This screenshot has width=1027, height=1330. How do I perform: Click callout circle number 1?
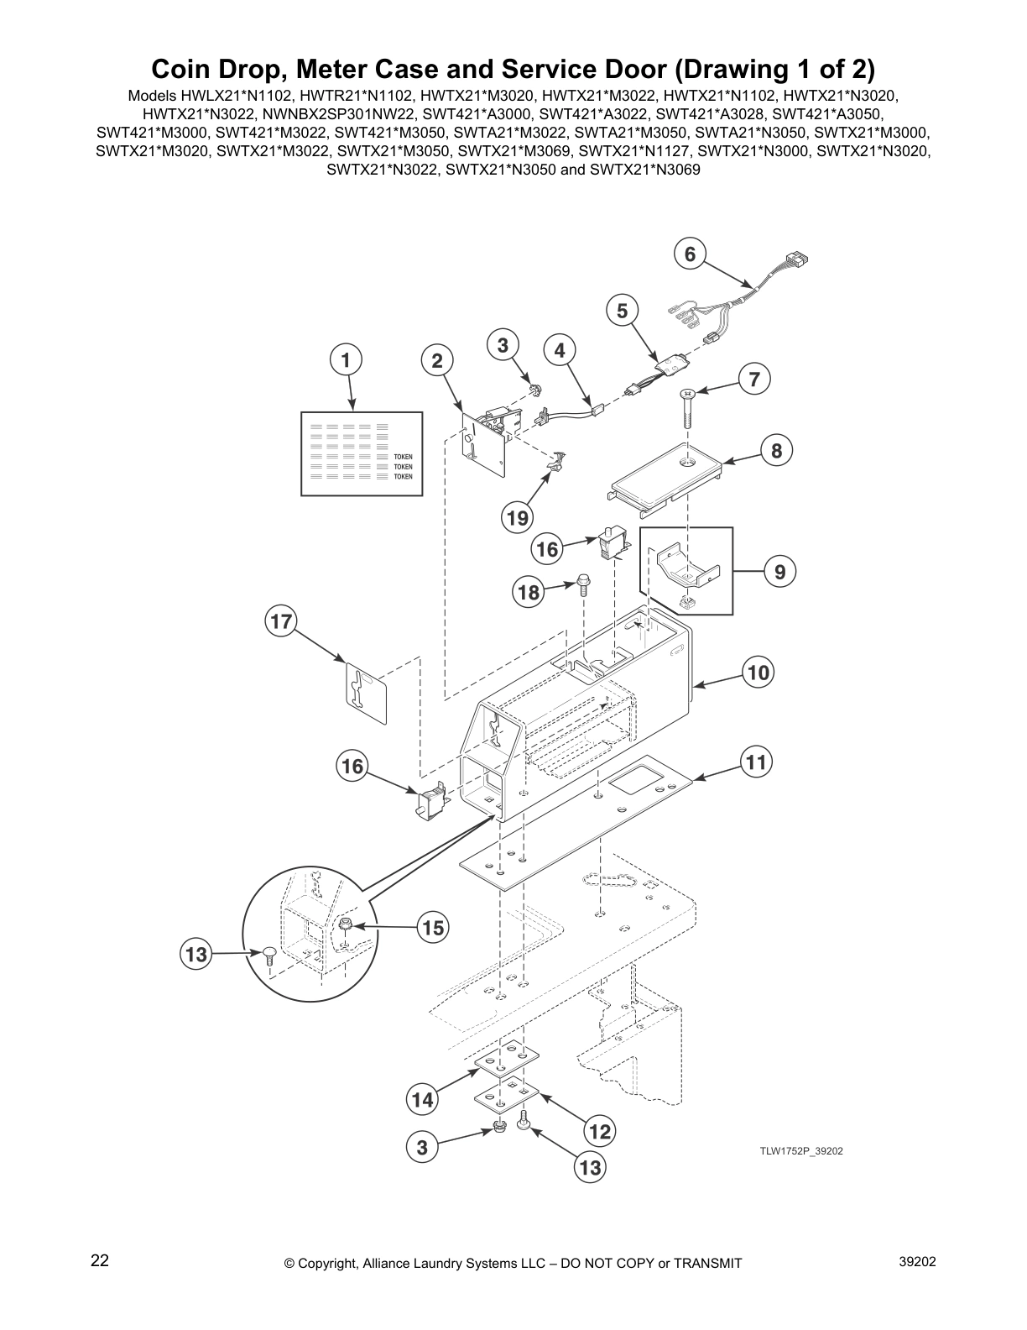345,360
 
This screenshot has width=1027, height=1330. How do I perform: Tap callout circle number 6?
690,254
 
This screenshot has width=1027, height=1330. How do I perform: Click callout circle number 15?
432,927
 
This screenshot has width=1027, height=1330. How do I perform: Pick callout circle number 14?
424,1099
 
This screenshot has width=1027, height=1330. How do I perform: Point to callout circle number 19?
518,518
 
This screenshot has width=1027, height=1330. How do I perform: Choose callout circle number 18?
529,592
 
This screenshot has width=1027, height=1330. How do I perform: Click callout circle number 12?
599,1132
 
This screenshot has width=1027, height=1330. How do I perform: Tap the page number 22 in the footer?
100,1260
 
